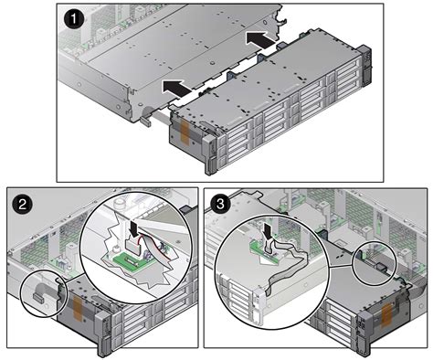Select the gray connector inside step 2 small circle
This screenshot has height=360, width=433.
tap(40, 294)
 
